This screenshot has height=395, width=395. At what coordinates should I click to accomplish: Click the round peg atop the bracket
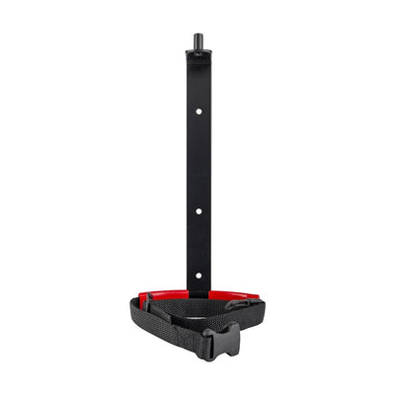197,43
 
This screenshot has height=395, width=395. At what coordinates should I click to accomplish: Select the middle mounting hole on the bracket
197,210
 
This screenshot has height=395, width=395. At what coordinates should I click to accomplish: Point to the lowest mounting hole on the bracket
197,276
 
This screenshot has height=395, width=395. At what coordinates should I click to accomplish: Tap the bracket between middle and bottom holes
197,244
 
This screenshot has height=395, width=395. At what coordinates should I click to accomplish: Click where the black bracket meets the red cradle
197,292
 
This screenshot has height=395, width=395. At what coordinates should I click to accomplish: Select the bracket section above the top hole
197,84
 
